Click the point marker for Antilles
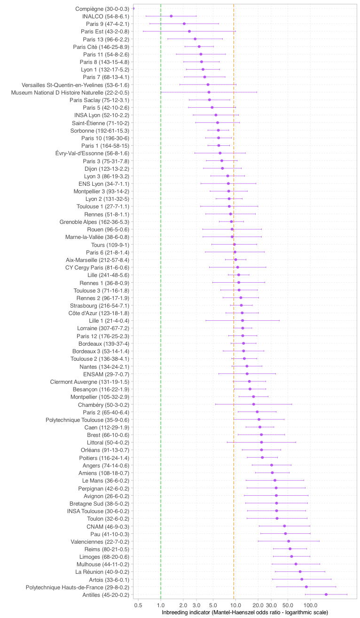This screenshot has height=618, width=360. click(x=326, y=595)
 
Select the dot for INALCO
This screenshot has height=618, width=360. click(x=171, y=16)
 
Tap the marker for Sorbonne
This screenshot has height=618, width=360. click(x=219, y=130)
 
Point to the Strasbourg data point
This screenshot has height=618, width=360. click(x=242, y=305)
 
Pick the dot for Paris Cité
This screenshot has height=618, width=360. click(x=199, y=47)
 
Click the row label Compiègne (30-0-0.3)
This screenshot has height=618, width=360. click(x=102, y=8)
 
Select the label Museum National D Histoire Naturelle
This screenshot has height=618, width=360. click(x=70, y=92)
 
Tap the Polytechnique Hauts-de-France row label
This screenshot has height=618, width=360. click(x=78, y=587)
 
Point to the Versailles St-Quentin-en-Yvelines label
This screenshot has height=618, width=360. click(x=75, y=85)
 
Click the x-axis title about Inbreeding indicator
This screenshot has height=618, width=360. click(x=245, y=612)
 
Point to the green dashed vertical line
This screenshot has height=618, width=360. click(x=161, y=301)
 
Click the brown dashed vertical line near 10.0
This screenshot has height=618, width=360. click(x=234, y=301)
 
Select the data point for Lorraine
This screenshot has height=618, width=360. click(x=243, y=328)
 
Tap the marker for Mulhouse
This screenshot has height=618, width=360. click(x=296, y=564)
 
